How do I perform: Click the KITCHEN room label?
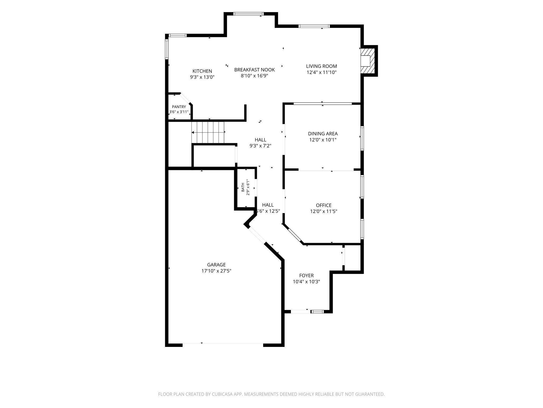coord(202,71)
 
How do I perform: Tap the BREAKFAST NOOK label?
coord(254,70)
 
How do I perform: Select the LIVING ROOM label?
coord(321,66)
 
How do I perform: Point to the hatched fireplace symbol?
coord(368,61)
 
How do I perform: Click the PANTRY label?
coord(179,107)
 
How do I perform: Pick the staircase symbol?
coord(208,132)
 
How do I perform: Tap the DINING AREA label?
coord(323,134)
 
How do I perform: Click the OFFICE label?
coord(323,205)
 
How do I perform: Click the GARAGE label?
coord(216,265)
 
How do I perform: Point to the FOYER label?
coord(306,276)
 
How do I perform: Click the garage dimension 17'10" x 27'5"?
coord(216,271)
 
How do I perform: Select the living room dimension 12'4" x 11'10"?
coord(321,72)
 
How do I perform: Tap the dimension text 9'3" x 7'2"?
coord(260,146)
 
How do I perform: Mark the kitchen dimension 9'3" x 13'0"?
coord(202,77)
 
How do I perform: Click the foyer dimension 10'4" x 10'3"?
coord(306,282)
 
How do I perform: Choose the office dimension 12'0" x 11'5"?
coord(323,211)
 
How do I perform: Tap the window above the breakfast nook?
coord(248,14)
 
